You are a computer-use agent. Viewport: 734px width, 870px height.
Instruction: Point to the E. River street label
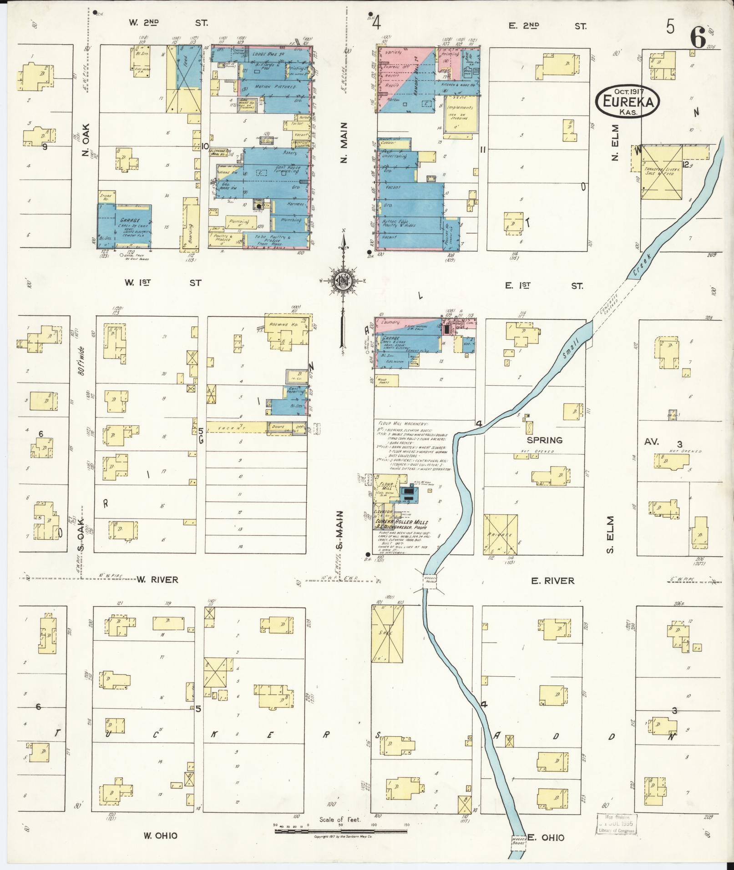pyautogui.click(x=552, y=581)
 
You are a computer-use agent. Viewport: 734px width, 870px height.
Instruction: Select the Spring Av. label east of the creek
pyautogui.click(x=545, y=440)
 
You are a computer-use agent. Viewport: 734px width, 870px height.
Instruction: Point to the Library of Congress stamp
pyautogui.click(x=617, y=824)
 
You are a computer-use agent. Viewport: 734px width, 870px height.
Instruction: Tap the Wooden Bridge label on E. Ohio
pyautogui.click(x=518, y=841)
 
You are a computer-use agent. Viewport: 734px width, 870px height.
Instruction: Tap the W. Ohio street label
pyautogui.click(x=160, y=835)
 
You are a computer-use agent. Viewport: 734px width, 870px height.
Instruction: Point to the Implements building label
pyautogui.click(x=460, y=108)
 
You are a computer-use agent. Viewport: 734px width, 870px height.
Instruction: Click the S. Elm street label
pyautogui.click(x=610, y=535)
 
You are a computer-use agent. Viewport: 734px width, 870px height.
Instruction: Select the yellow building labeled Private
pyautogui.click(x=500, y=535)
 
